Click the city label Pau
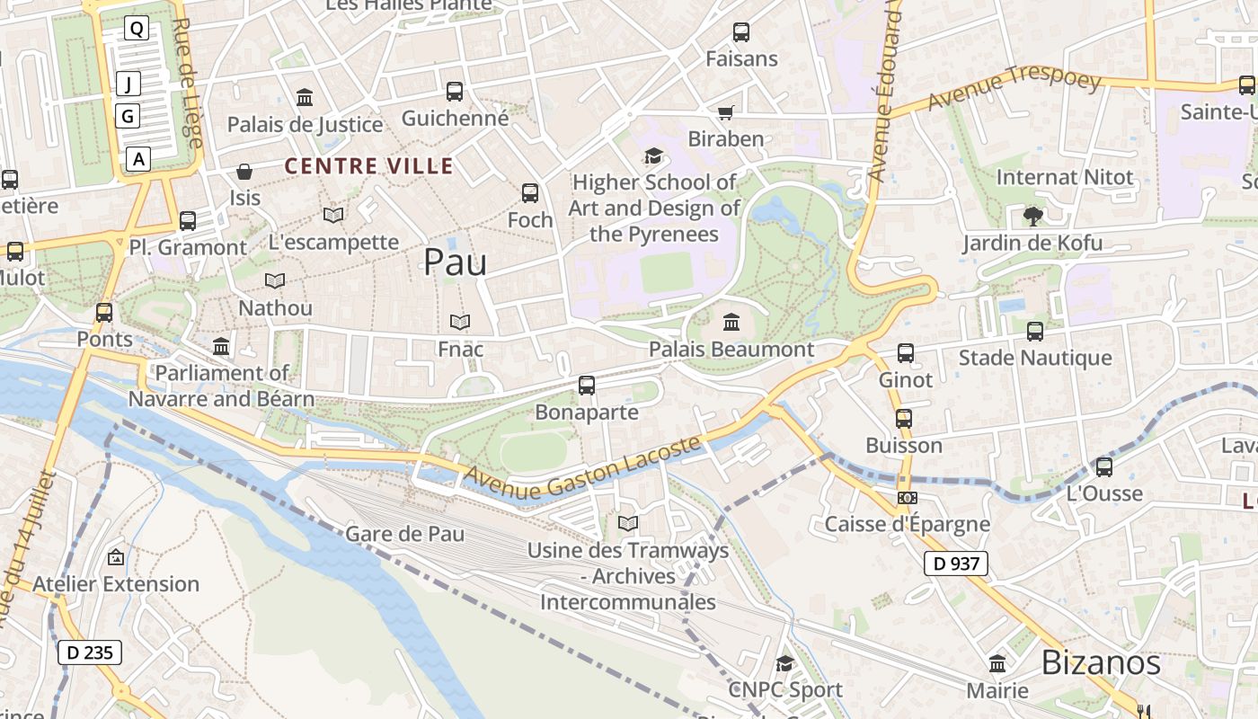coord(455,262)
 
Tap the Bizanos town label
coord(1101,662)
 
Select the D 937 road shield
coord(956,564)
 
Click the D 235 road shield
coord(90,652)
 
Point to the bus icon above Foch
coord(530,192)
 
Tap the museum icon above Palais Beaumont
coord(731,322)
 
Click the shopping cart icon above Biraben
coord(725,112)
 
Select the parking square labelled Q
coord(137,29)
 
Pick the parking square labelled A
coord(137,159)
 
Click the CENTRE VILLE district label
coord(369,166)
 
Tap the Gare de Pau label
coord(405,534)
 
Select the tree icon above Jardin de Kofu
coord(1032,216)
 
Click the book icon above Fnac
coord(460,322)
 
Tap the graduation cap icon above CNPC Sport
coord(784,663)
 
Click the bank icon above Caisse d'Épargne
coord(907,498)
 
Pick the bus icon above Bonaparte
coord(587,386)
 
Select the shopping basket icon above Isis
coord(244,171)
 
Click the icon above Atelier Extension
coord(116,557)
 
